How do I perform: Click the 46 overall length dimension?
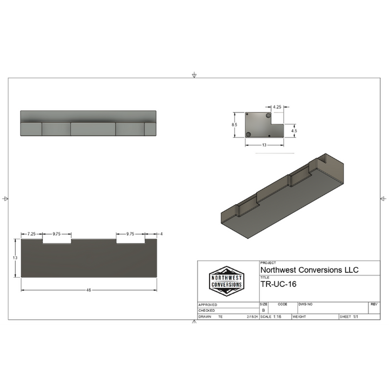click(x=89, y=290)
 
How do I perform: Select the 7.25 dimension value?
click(x=31, y=234)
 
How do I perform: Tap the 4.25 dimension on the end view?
click(x=277, y=107)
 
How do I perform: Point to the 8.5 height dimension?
click(x=234, y=125)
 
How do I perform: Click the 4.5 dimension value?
click(x=294, y=131)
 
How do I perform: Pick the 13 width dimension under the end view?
click(x=264, y=145)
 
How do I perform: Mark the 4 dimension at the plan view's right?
click(x=161, y=234)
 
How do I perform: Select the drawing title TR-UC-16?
click(x=278, y=284)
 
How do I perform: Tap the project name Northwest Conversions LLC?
click(x=309, y=270)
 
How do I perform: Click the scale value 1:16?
click(x=277, y=317)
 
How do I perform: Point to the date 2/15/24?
click(x=252, y=317)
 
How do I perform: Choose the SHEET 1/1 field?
click(x=349, y=317)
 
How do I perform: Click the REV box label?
click(x=374, y=305)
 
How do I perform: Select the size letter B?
click(x=264, y=311)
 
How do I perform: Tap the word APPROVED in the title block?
click(x=208, y=305)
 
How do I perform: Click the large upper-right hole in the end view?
click(x=269, y=116)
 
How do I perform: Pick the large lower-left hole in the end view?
click(x=249, y=134)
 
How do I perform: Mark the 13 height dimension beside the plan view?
click(x=15, y=258)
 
